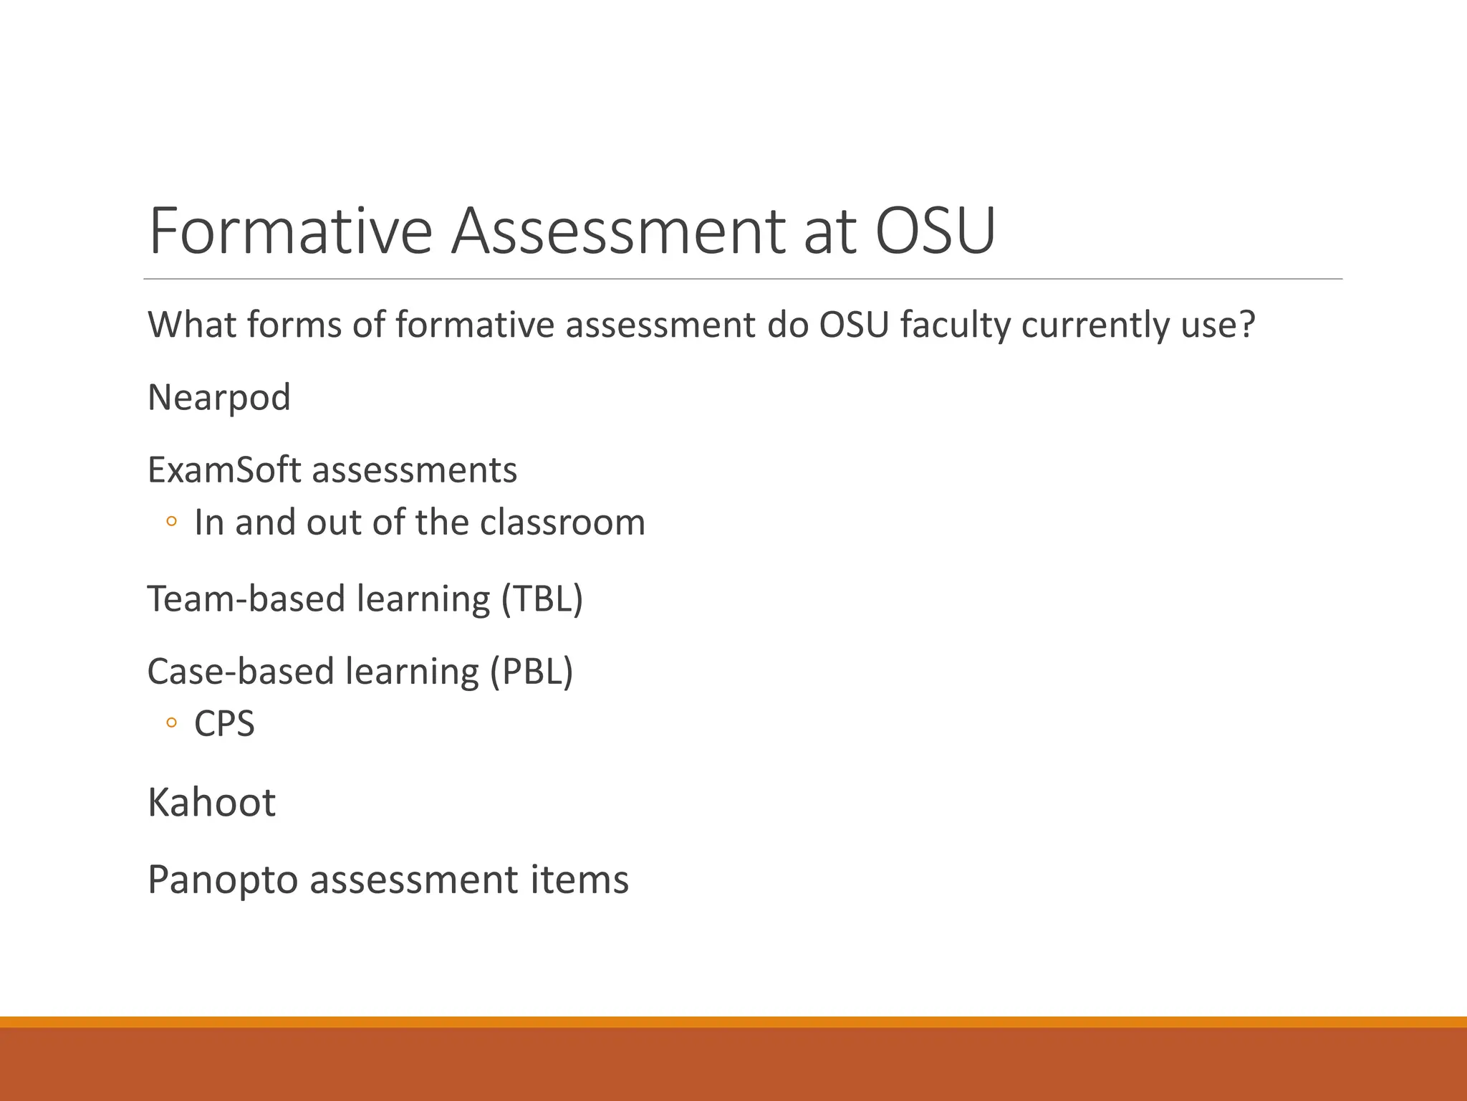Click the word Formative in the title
[290, 231]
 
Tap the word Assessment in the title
[617, 231]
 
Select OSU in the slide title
[935, 231]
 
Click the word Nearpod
[218, 398]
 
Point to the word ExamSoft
[224, 470]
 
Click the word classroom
[562, 523]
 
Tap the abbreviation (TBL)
[542, 599]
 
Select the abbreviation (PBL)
[532, 672]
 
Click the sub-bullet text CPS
[224, 724]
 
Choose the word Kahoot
[211, 803]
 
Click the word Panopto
[223, 880]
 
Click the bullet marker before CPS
[170, 723]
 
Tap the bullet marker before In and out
[170, 522]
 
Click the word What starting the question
[193, 325]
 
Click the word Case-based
[241, 672]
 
